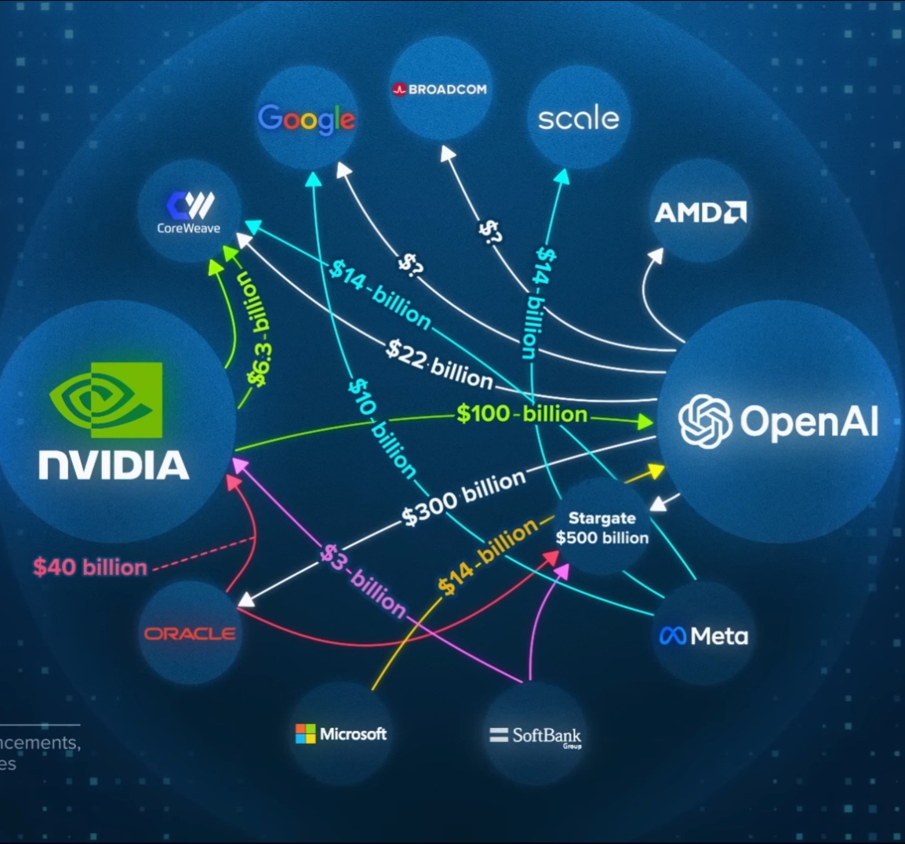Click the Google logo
pyautogui.click(x=306, y=118)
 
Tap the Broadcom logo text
pyautogui.click(x=440, y=89)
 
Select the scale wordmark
pyautogui.click(x=579, y=118)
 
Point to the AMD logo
pyautogui.click(x=700, y=212)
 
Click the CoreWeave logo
pyautogui.click(x=189, y=212)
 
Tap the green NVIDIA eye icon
pyautogui.click(x=106, y=399)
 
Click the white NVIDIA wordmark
pyautogui.click(x=114, y=464)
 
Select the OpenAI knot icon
pyautogui.click(x=705, y=421)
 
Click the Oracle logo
pyautogui.click(x=190, y=633)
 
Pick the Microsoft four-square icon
pyautogui.click(x=305, y=734)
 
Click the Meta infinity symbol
pyautogui.click(x=673, y=635)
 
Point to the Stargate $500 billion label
pyautogui.click(x=602, y=528)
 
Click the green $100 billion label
pyautogui.click(x=522, y=413)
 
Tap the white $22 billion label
pyautogui.click(x=439, y=364)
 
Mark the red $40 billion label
pyautogui.click(x=90, y=567)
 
